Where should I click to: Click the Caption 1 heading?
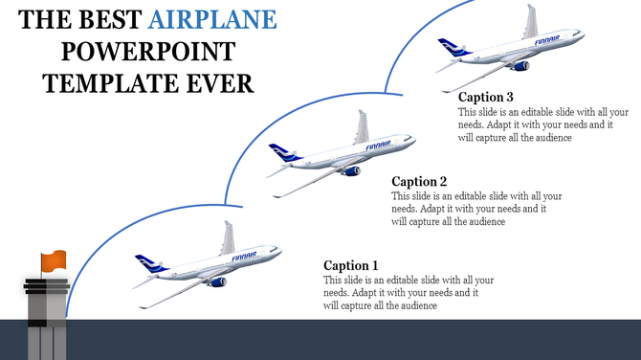[x=351, y=265]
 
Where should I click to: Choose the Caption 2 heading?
[x=419, y=181]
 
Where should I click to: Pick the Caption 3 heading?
[x=486, y=97]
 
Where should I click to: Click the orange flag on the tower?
[x=54, y=259]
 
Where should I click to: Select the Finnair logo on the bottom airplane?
[x=244, y=257]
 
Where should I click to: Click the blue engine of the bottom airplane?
[x=218, y=281]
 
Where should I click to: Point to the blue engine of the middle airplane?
[x=353, y=170]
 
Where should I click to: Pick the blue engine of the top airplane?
[x=521, y=66]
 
